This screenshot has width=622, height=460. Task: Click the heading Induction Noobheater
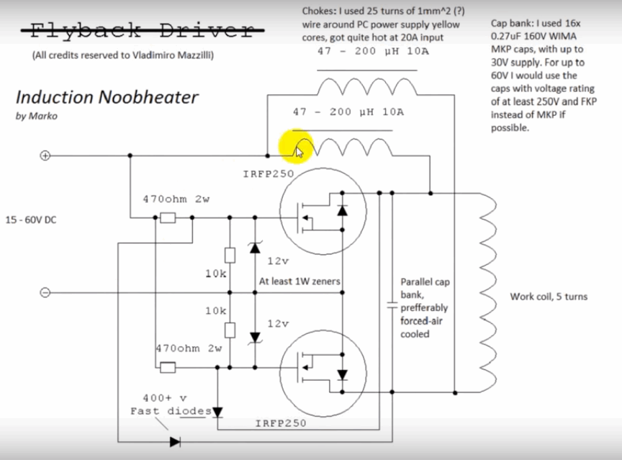(107, 97)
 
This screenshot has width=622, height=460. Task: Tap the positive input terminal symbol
(45, 155)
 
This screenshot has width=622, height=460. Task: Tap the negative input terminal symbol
(45, 292)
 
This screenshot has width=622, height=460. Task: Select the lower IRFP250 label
(281, 423)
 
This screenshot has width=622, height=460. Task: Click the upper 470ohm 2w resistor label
(176, 199)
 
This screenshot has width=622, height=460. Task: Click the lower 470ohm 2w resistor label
(189, 348)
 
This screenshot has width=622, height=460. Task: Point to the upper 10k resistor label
(216, 274)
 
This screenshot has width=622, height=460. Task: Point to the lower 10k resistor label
(216, 310)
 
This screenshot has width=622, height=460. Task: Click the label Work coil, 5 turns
(549, 297)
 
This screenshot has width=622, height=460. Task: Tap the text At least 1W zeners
(299, 281)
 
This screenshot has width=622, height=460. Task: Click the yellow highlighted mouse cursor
(299, 150)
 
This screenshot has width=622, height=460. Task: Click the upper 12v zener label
(278, 261)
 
